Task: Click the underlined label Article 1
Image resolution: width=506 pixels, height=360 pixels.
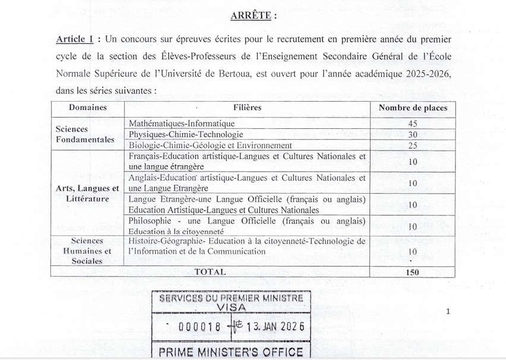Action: click(75, 39)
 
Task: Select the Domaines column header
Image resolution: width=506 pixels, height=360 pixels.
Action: click(88, 108)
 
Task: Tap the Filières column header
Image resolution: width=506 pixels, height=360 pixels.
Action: click(247, 108)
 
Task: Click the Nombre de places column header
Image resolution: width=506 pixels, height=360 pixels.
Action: click(413, 108)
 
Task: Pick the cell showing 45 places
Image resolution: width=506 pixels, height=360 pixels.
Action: click(413, 124)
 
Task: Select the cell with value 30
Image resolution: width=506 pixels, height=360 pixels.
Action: click(413, 134)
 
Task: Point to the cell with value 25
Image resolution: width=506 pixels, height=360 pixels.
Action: click(413, 146)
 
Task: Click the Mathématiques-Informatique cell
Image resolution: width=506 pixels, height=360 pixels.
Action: click(182, 124)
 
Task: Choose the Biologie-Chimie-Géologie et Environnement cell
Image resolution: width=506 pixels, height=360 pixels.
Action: click(210, 146)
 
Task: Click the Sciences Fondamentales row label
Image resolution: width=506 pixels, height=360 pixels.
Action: click(85, 134)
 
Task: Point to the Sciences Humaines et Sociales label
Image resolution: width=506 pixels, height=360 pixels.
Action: click(87, 251)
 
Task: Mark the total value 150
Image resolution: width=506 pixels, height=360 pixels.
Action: click(413, 273)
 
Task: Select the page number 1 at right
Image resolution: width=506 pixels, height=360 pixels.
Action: click(448, 311)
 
